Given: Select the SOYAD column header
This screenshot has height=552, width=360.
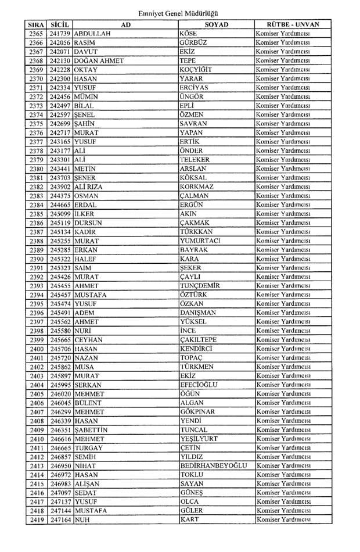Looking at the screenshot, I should click(x=216, y=26).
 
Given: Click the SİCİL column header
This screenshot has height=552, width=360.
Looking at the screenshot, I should click(x=60, y=26).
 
